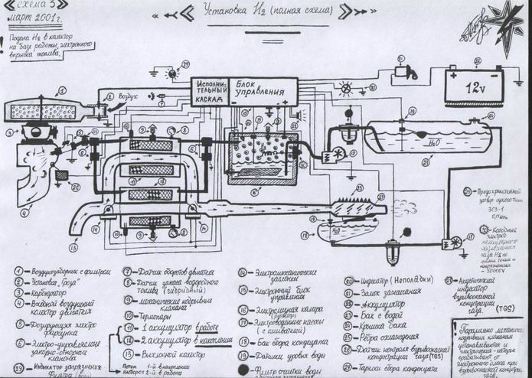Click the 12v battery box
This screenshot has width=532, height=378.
pyautogui.click(x=474, y=86)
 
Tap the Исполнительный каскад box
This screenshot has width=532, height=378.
pyautogui.click(x=209, y=93)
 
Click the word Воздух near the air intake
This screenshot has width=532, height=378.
pyautogui.click(x=128, y=96)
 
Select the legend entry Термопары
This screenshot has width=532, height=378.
pyautogui.click(x=149, y=314)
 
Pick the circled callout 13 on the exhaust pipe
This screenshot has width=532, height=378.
pyautogui.click(x=73, y=249)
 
